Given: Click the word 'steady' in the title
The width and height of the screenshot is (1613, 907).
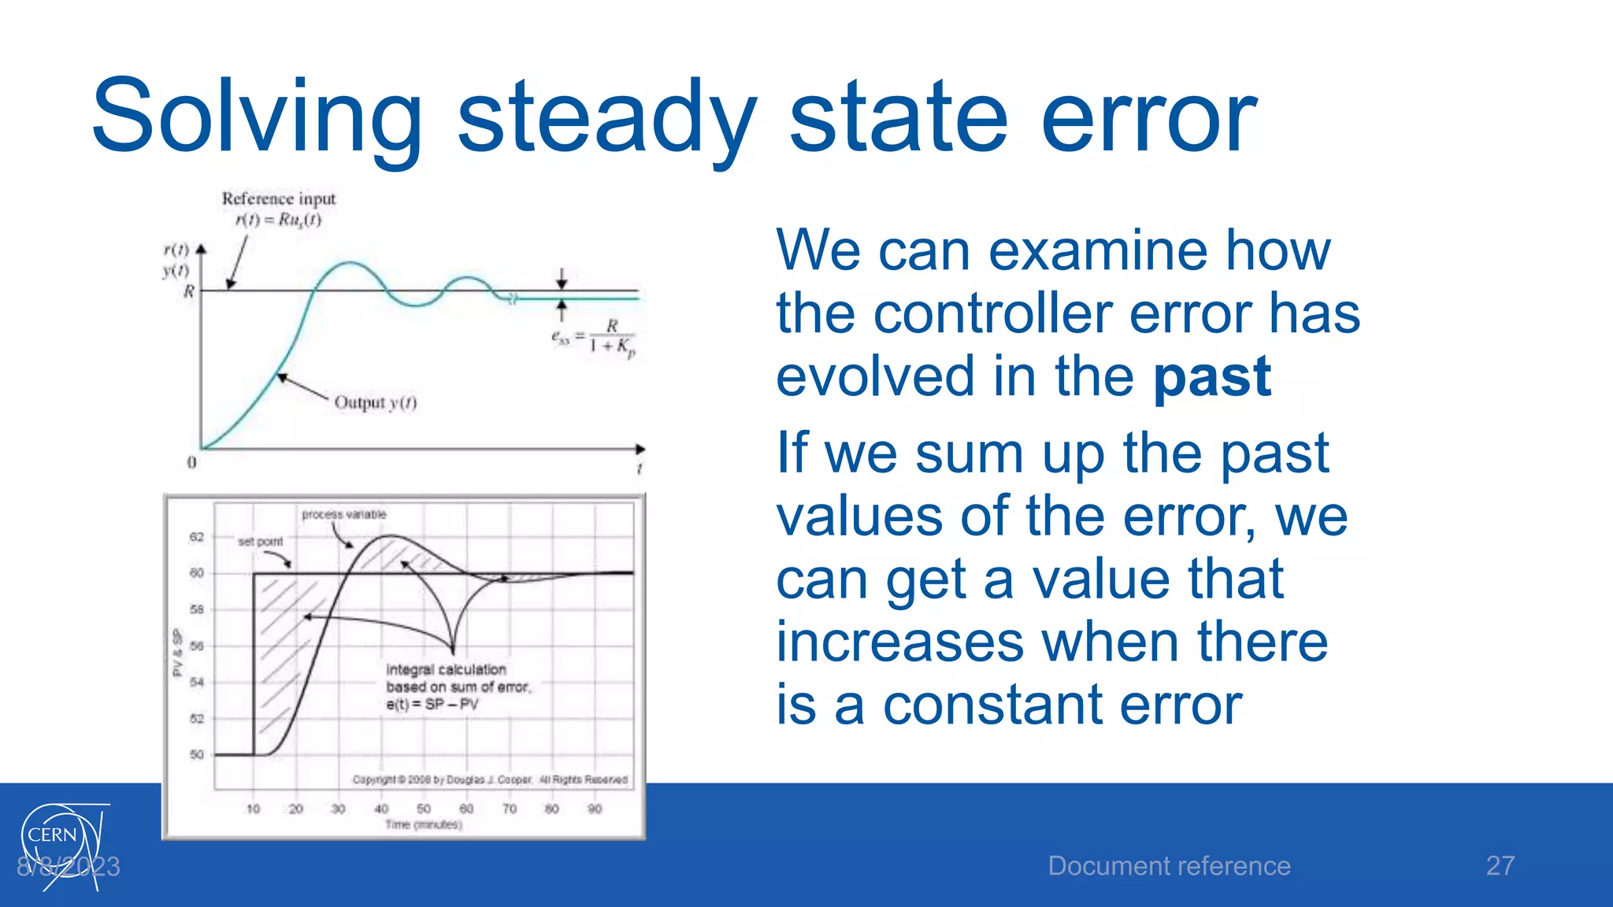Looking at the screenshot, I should pyautogui.click(x=606, y=118).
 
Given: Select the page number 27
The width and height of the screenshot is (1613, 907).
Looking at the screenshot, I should pyautogui.click(x=1500, y=866).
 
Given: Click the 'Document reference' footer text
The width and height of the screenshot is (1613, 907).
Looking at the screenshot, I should pyautogui.click(x=1169, y=866).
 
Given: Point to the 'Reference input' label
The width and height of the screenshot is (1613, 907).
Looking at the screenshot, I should pyautogui.click(x=278, y=198).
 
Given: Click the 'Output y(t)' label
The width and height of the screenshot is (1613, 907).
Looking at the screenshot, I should pyautogui.click(x=375, y=402).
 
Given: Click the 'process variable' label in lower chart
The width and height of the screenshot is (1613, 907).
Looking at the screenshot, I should pyautogui.click(x=344, y=514).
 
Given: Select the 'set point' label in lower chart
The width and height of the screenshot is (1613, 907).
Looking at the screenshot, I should pyautogui.click(x=260, y=542).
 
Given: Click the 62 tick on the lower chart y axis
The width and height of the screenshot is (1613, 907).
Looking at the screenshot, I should pyautogui.click(x=196, y=537).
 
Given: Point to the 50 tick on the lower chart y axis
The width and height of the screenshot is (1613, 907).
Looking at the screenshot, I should pyautogui.click(x=196, y=754).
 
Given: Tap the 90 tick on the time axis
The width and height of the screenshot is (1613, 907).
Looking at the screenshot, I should pyautogui.click(x=595, y=809).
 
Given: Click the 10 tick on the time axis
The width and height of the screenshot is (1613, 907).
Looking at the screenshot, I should pyautogui.click(x=253, y=809).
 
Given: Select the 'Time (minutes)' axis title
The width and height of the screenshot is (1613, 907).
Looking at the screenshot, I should pyautogui.click(x=423, y=824).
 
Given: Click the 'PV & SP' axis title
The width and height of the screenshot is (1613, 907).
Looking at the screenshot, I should pyautogui.click(x=177, y=652).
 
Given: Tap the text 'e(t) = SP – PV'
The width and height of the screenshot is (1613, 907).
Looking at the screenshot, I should pyautogui.click(x=432, y=704).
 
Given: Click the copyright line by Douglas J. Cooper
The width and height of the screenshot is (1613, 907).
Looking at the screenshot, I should pyautogui.click(x=489, y=779).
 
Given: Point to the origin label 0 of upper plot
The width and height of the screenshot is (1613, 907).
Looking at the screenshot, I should pyautogui.click(x=191, y=462).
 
